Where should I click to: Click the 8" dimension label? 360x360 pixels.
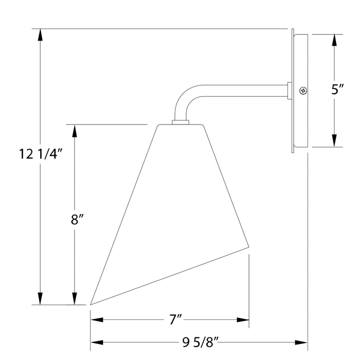[x=77, y=220]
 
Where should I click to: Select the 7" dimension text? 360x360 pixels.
[x=176, y=320]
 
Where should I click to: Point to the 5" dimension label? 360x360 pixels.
[x=337, y=89]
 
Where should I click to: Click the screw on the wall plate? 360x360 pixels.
[x=303, y=91]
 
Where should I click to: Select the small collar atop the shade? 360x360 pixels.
[x=180, y=122]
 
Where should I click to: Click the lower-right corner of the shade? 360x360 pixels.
[x=249, y=251]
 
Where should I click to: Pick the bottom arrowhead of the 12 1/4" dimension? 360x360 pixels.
[x=40, y=298]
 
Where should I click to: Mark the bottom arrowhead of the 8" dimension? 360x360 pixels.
[x=75, y=298]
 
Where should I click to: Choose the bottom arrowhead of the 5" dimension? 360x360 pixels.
[x=335, y=141]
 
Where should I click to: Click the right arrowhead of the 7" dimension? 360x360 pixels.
[x=243, y=320]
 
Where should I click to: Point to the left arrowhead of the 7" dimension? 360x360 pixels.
[x=97, y=320]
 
